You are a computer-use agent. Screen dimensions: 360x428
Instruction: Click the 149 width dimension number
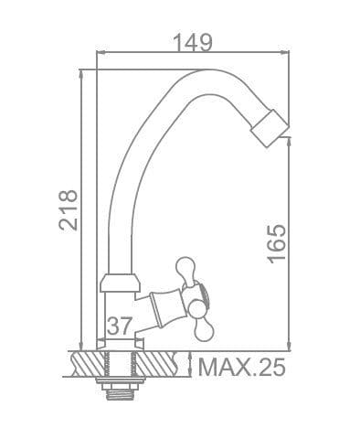coord(192,42)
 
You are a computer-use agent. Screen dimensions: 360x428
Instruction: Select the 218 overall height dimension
coord(69,210)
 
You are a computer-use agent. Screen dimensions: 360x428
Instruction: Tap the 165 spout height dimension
coord(277,244)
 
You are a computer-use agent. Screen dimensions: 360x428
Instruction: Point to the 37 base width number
coord(120,326)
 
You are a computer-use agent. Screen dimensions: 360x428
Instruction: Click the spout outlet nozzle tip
coord(270,128)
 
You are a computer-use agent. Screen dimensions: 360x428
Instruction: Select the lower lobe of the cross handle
coord(204,329)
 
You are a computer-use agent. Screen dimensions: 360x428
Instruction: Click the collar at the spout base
coord(120,283)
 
